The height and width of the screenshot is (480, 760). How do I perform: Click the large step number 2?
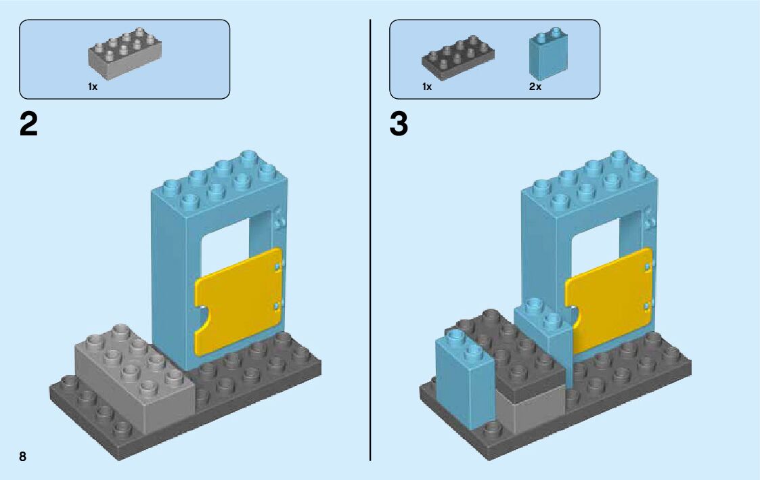[29, 125]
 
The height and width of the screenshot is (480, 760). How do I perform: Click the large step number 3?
[399, 125]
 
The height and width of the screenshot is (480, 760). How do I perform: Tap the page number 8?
[23, 456]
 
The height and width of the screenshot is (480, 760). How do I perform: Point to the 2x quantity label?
[535, 87]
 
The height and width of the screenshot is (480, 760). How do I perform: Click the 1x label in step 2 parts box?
[93, 87]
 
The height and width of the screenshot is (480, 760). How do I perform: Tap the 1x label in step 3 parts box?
[427, 87]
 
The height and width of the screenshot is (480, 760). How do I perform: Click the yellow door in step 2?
[238, 300]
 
